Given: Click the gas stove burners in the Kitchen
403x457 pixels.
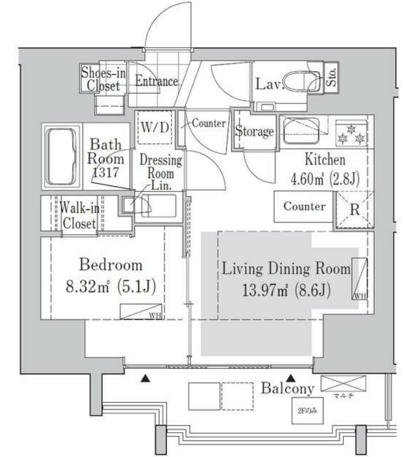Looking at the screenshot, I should tap(352, 133).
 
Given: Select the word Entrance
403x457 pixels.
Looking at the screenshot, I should tap(156, 81).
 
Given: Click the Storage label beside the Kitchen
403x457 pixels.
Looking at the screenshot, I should tap(254, 132).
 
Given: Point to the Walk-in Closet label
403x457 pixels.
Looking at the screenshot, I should tap(80, 216).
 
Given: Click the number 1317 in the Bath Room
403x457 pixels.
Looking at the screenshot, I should tap(107, 172).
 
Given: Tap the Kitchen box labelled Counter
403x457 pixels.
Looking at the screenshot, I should tap(304, 207).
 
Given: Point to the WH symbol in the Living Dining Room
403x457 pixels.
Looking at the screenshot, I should tap(359, 278).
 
